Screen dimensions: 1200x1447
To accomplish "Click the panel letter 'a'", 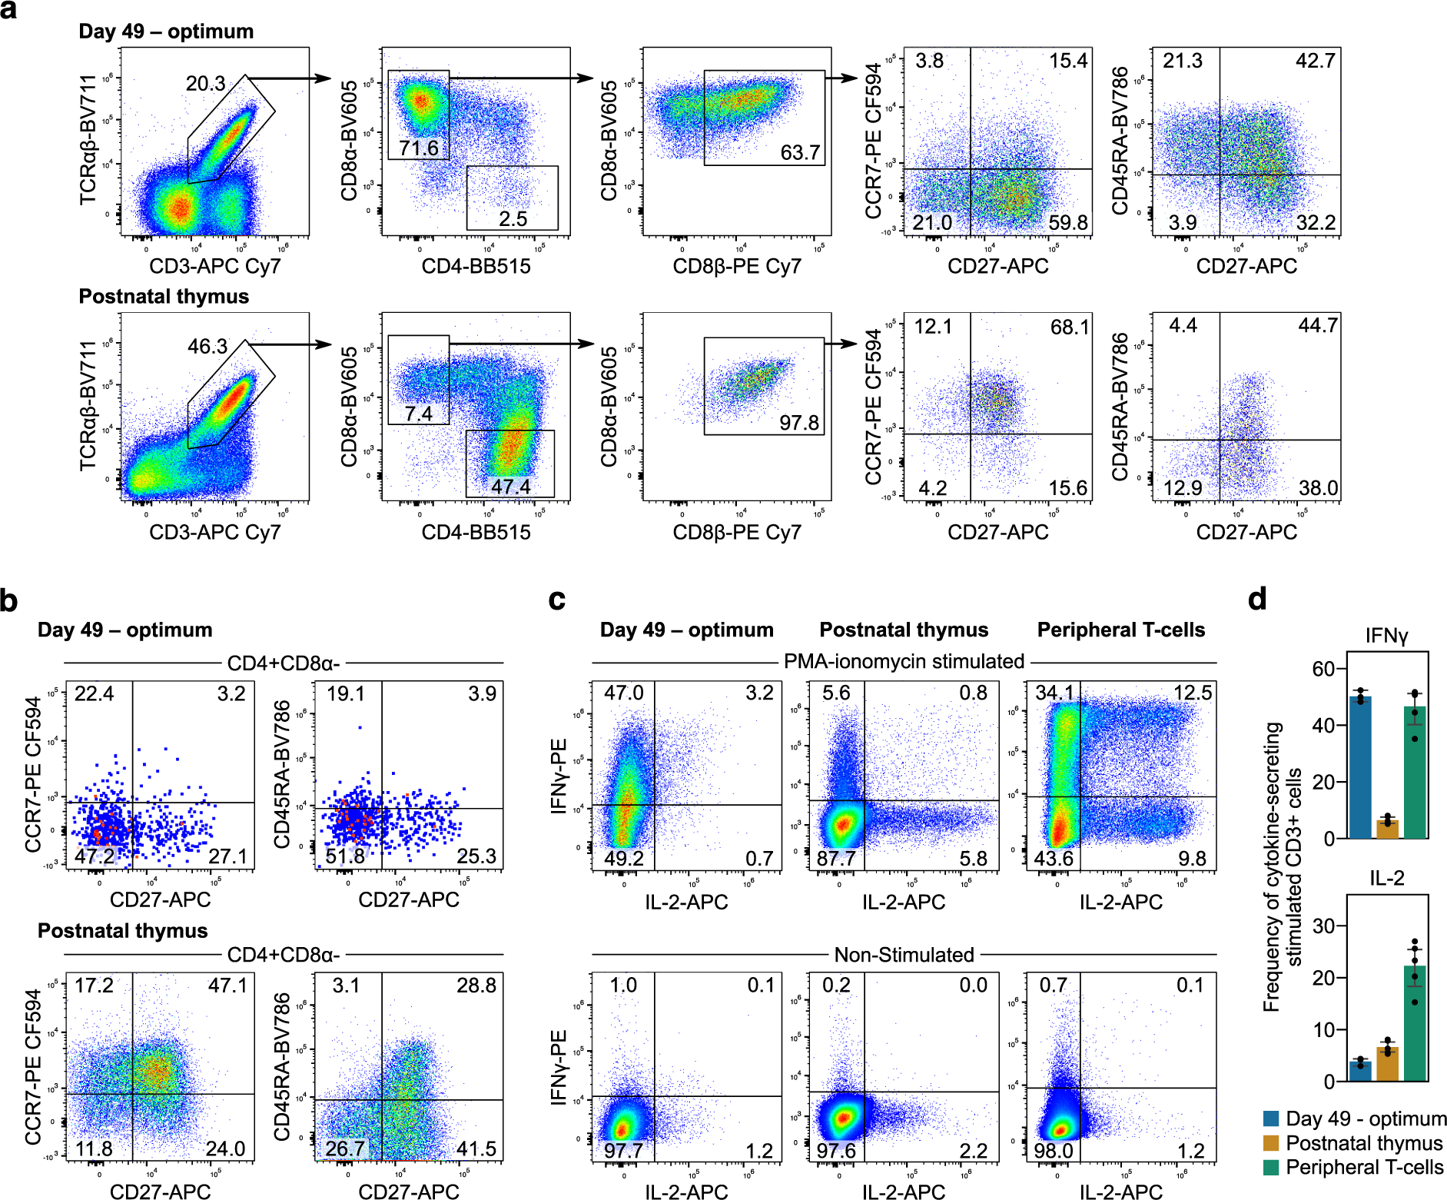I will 9,12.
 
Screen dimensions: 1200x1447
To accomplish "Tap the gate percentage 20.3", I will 205,83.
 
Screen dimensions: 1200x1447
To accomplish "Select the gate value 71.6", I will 419,147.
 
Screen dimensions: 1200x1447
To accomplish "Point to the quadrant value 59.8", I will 1068,222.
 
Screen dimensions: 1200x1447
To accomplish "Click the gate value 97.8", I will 799,422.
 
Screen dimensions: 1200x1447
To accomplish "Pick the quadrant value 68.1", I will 1070,327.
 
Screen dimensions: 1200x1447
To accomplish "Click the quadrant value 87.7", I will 836,858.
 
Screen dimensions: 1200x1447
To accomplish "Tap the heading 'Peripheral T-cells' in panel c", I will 1120,630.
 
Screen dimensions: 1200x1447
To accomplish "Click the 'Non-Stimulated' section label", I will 904,955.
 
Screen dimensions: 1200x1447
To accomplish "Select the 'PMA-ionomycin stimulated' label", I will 904,661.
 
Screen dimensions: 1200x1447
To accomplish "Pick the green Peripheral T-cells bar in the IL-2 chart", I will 1415,1023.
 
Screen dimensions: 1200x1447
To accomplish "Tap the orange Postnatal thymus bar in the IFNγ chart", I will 1387,829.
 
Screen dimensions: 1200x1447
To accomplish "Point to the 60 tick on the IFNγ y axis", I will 1324,668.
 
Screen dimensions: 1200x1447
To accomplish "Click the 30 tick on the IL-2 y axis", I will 1324,926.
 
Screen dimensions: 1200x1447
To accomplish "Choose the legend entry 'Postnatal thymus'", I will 1364,1143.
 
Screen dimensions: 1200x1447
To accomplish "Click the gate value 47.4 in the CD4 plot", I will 511,487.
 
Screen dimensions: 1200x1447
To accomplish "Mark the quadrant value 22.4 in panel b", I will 94,694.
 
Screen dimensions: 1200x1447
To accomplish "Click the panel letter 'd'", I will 1257,599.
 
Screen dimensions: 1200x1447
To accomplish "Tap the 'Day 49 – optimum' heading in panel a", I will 166,32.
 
